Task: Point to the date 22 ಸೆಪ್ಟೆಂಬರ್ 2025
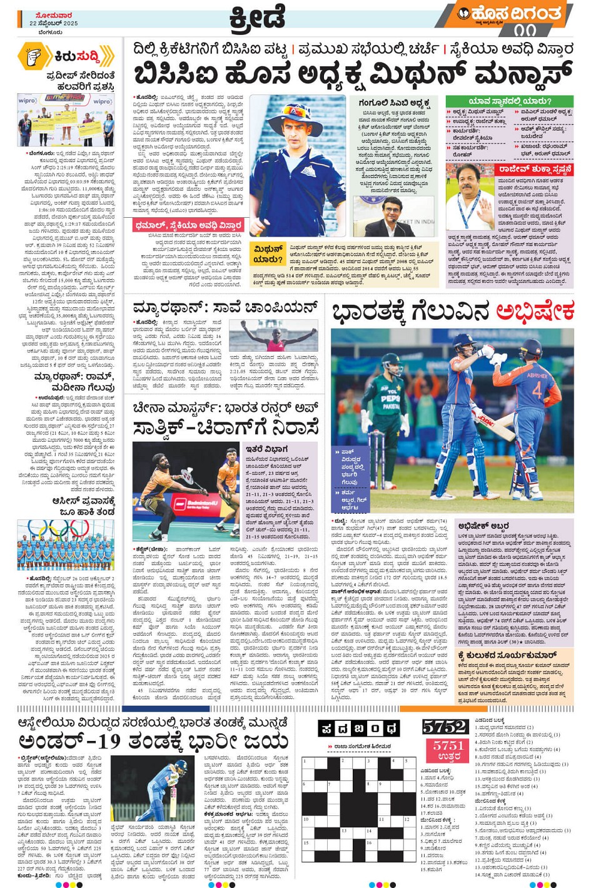(53, 23)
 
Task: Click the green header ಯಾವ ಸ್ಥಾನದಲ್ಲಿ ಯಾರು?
(509, 101)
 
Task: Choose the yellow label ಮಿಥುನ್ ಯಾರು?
(268, 254)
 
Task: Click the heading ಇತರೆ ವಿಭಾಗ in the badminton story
(267, 449)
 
